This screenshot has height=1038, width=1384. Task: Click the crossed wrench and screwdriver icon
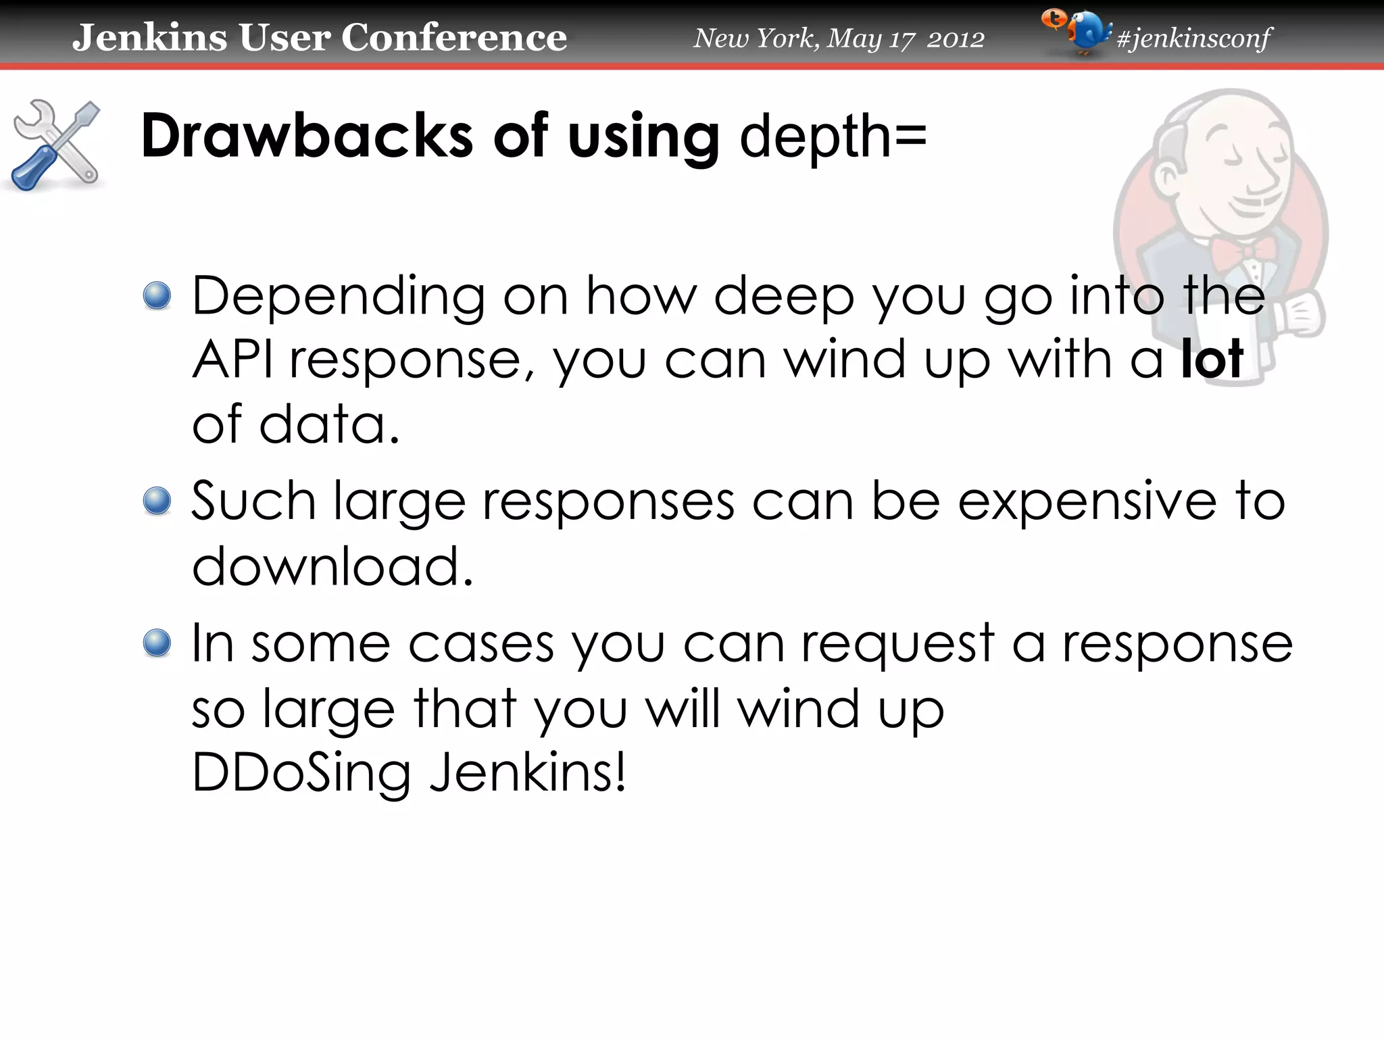click(55, 145)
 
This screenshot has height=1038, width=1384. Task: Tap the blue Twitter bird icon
click(1084, 32)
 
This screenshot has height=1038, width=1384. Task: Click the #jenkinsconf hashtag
click(1194, 38)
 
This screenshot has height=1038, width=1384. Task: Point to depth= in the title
click(833, 137)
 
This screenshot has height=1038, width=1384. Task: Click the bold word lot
click(1212, 359)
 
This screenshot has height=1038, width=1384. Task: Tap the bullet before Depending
click(157, 296)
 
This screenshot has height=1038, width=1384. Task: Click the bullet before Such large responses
click(157, 501)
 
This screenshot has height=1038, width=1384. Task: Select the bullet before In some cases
click(157, 643)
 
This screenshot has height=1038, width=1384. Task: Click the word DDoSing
click(301, 772)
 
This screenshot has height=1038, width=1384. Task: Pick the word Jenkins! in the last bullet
click(528, 772)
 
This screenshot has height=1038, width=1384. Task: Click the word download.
click(332, 566)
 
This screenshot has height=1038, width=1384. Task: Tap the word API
click(233, 360)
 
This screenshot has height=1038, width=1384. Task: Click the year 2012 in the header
click(955, 39)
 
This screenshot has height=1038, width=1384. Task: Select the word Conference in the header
click(453, 37)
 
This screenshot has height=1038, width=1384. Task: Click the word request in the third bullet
click(897, 644)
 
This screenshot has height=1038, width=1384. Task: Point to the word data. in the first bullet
click(330, 424)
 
